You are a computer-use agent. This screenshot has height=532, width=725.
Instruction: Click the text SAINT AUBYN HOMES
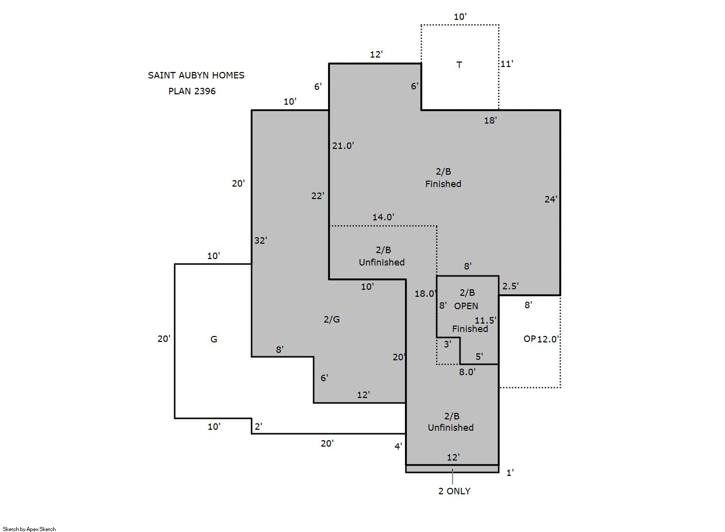click(196, 75)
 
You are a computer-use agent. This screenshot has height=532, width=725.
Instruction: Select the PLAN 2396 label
click(192, 91)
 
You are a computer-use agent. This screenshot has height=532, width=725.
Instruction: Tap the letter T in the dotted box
click(459, 65)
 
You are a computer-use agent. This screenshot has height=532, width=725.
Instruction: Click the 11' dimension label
click(507, 64)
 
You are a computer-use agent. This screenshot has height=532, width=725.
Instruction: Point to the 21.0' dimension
click(343, 145)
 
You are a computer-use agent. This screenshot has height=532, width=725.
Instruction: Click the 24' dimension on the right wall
click(551, 199)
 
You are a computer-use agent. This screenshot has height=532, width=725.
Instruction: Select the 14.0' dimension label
click(383, 217)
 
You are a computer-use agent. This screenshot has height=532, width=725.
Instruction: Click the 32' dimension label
click(261, 240)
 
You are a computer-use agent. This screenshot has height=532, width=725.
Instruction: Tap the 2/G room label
click(332, 320)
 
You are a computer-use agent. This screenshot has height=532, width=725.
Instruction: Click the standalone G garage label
click(213, 339)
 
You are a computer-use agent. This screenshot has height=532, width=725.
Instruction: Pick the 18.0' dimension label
click(426, 293)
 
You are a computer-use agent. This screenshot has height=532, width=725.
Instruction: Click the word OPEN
click(466, 306)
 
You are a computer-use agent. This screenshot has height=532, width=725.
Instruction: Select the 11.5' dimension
click(485, 321)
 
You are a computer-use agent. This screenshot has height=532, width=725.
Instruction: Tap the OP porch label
click(530, 339)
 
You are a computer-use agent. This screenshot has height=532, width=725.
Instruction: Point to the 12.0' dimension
click(548, 339)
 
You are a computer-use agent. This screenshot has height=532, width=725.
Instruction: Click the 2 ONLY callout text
click(455, 491)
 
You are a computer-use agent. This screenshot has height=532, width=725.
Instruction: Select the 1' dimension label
click(510, 473)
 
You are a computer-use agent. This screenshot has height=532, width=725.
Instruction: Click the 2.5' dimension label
click(511, 286)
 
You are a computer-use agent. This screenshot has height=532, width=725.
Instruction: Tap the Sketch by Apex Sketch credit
click(29, 529)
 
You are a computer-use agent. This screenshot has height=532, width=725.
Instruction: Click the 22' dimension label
click(318, 196)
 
